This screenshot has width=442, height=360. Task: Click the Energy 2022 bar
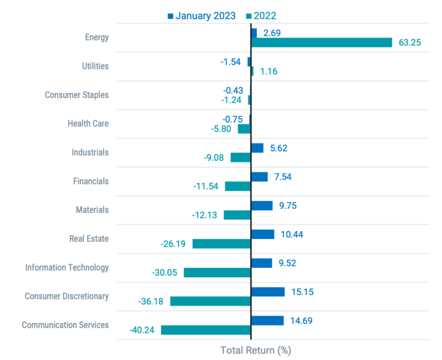[322, 43]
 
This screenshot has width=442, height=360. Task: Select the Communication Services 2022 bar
[205, 330]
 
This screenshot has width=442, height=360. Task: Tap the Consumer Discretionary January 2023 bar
[268, 291]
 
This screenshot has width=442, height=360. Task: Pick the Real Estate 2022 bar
[221, 244]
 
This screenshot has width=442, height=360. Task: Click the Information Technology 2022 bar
[217, 272]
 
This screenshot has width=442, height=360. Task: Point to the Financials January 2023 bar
[260, 177]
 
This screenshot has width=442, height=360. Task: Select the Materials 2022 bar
[237, 215]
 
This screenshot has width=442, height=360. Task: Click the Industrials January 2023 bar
[257, 148]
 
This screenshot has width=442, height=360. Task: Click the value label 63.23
[410, 43]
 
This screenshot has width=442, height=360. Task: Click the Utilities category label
[95, 66]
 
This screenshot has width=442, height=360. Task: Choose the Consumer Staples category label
[77, 95]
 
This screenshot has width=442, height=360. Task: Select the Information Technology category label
[67, 267]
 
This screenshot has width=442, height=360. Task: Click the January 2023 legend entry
[201, 16]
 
